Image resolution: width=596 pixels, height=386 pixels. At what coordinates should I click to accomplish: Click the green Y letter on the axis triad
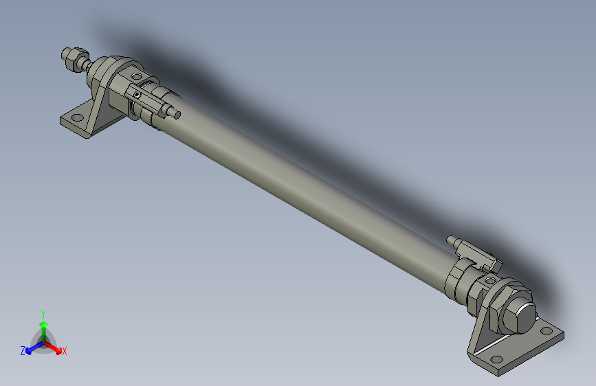click(43, 313)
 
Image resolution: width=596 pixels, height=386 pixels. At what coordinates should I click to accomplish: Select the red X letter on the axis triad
click(65, 352)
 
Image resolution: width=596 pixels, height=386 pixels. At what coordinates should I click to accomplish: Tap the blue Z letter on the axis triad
click(23, 350)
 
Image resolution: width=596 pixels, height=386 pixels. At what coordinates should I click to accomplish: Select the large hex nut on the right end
click(517, 315)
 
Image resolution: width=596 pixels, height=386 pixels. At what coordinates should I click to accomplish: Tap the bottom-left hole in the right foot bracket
click(496, 359)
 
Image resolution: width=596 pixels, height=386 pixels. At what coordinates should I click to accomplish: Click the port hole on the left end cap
click(135, 76)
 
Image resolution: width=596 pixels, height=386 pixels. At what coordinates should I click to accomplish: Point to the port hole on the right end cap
click(490, 281)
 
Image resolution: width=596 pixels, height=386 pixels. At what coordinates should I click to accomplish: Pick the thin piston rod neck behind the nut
click(85, 64)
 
